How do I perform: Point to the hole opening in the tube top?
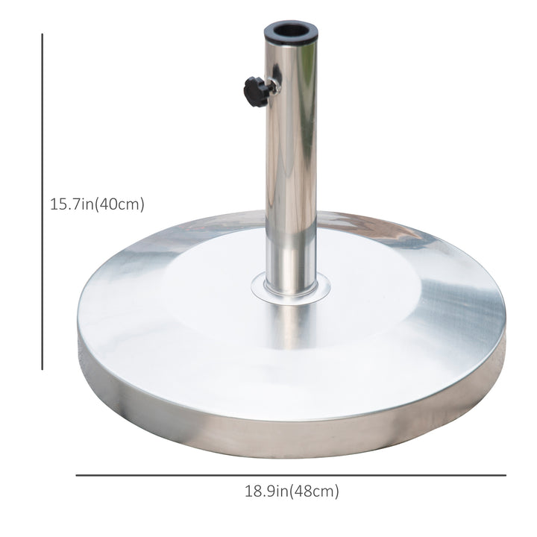point(290,31)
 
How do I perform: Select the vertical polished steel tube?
point(290,164)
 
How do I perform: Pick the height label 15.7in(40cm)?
point(97,204)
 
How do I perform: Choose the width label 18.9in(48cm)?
point(292,492)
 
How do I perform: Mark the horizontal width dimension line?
point(291,475)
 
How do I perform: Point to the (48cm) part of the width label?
point(315,492)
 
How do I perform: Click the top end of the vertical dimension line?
point(43,34)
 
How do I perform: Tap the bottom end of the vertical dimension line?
point(43,368)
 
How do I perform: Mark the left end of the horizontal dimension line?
point(77,475)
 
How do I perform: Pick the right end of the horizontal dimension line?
point(505,475)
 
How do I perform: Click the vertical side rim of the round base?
point(291,433)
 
